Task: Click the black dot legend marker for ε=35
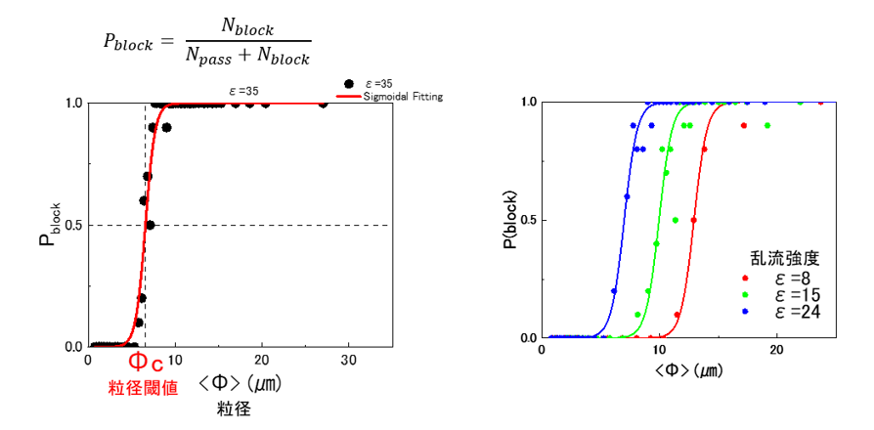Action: click(x=350, y=85)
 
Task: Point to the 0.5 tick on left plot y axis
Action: click(x=71, y=226)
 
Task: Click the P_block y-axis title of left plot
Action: click(x=48, y=224)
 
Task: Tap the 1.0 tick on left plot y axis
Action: click(x=71, y=104)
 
